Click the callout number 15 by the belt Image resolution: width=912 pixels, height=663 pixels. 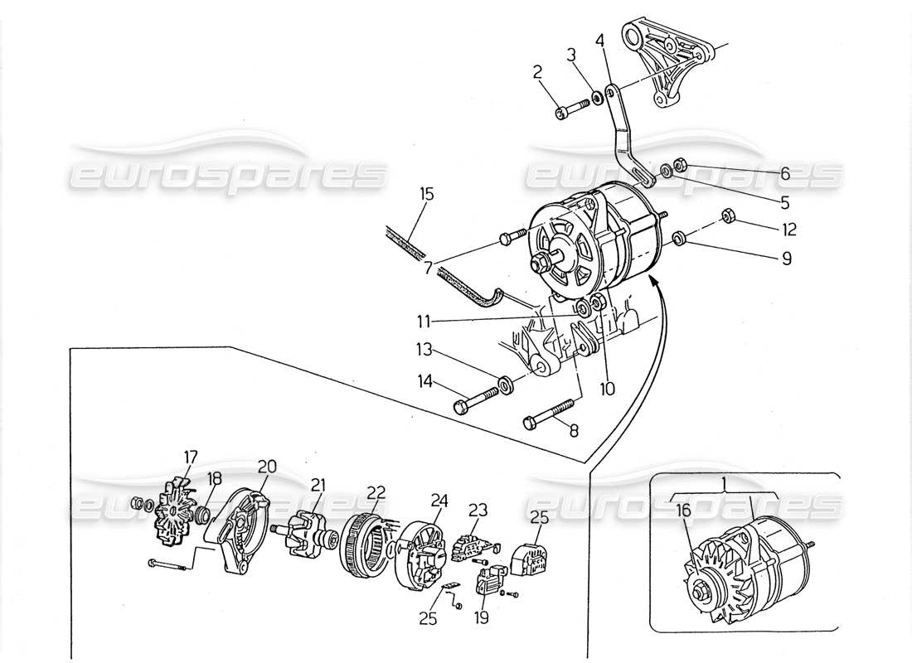click(x=427, y=196)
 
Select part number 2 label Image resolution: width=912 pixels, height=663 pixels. click(x=537, y=73)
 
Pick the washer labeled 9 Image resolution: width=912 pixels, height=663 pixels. click(x=678, y=240)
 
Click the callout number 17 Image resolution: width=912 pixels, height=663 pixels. click(x=191, y=456)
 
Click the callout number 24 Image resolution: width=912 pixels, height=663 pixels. click(x=439, y=500)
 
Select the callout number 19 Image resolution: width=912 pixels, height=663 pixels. click(x=483, y=617)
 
